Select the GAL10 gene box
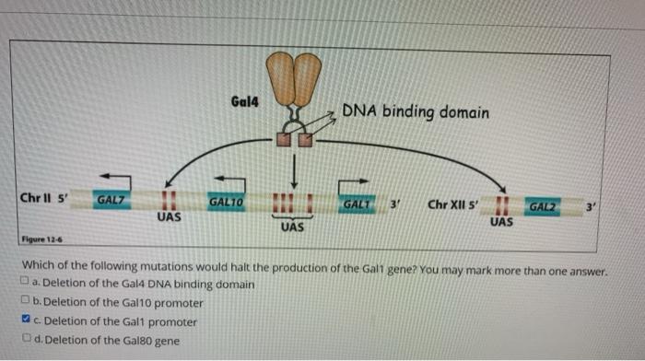coord(226,201)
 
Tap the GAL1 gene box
coord(354,202)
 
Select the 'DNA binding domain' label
coord(416,112)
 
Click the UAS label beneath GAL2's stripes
coord(502,223)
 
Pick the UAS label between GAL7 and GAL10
coord(168,218)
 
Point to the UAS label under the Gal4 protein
coord(292,226)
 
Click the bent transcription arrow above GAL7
coord(115,180)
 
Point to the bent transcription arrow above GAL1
coord(354,182)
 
